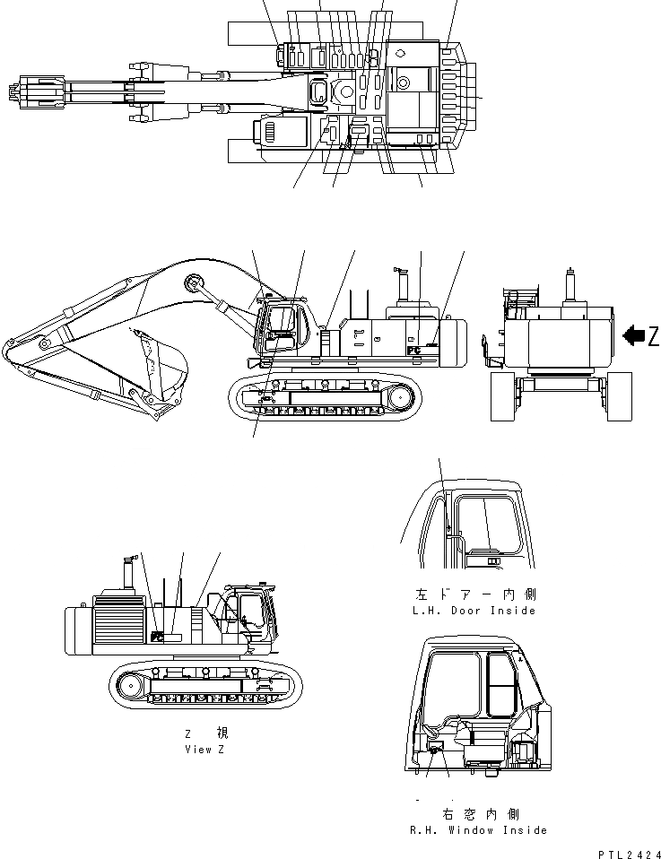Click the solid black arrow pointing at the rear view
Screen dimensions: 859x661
click(633, 336)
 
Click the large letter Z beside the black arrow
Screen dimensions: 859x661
click(653, 336)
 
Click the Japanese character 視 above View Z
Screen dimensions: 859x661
click(221, 733)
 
